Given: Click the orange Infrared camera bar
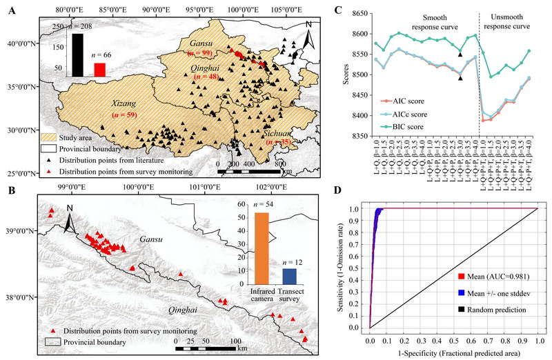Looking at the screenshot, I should pos(262,248).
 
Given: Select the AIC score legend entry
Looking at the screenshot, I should pos(398,101).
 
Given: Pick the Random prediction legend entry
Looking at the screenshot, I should pos(497,310).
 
